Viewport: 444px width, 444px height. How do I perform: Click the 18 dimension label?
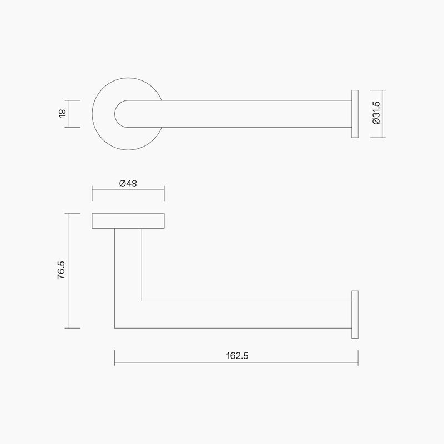(62, 114)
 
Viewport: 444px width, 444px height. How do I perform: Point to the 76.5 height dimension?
(62, 271)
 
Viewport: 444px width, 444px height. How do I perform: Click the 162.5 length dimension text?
(236, 355)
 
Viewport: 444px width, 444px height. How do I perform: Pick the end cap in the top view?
(354, 114)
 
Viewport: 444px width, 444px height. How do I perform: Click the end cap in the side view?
(354, 314)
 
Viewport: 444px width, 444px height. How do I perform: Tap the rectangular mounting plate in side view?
(128, 220)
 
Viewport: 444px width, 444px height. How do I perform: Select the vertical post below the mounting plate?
(128, 261)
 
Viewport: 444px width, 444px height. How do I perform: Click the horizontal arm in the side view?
(244, 314)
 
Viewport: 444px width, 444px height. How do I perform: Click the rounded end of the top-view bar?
(118, 114)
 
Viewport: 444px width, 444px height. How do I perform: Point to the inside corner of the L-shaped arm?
(142, 301)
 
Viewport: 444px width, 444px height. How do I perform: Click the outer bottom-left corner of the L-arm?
(115, 327)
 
